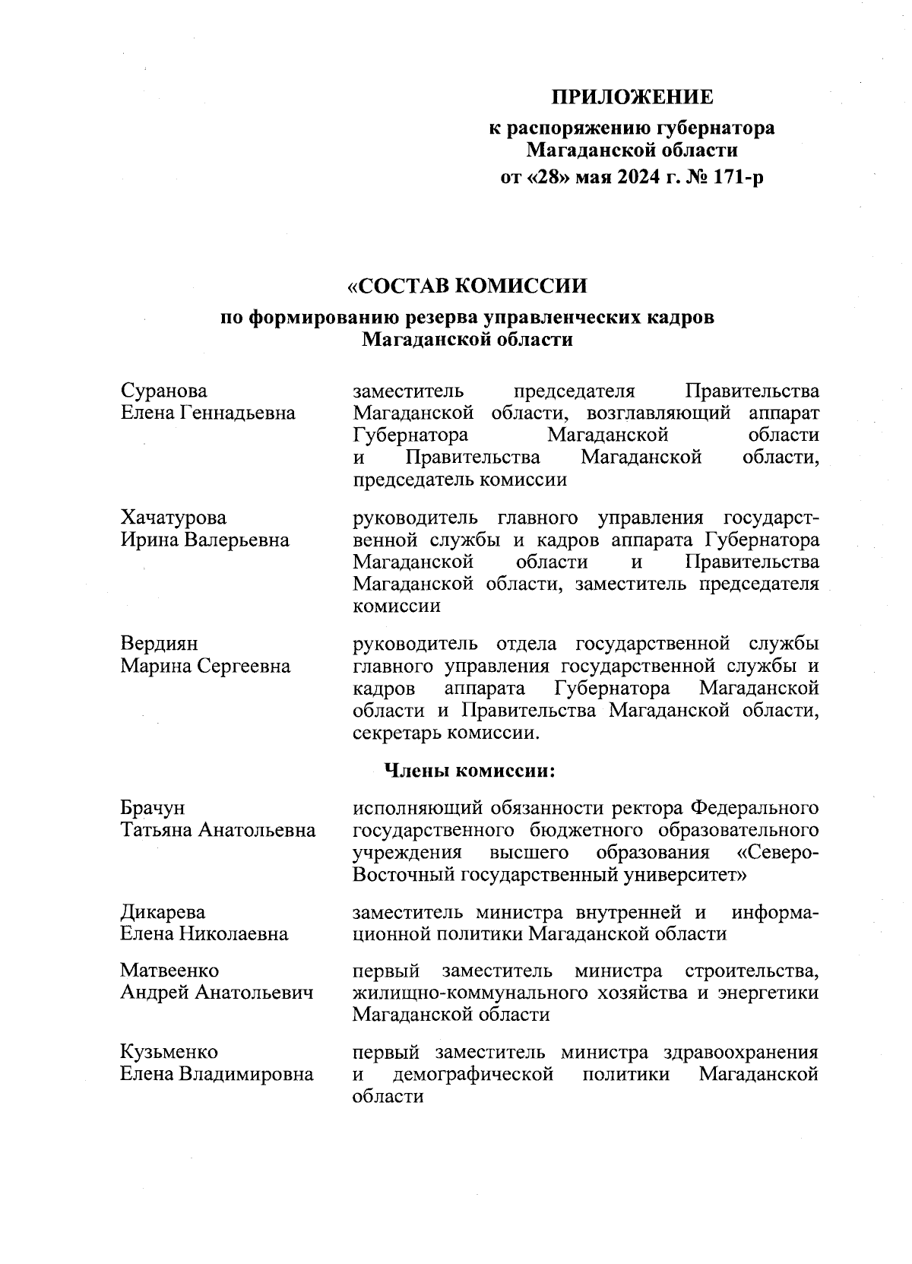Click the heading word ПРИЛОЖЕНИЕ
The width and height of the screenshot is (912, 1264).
[632, 97]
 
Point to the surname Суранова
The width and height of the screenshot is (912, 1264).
[163, 391]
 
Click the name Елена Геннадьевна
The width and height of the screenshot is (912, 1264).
[208, 413]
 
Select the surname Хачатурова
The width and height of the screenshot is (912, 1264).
[173, 518]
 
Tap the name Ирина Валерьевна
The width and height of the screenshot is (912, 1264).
[205, 540]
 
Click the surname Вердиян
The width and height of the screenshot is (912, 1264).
[159, 644]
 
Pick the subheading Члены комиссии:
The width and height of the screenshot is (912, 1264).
[470, 771]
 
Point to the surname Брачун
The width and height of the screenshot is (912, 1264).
[152, 807]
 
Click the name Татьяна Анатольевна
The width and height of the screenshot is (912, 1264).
[218, 830]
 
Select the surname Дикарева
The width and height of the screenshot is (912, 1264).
[163, 911]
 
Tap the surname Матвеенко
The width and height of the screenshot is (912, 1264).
[169, 971]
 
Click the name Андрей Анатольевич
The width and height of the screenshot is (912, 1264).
[217, 993]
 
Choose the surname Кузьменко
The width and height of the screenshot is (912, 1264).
[169, 1053]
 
